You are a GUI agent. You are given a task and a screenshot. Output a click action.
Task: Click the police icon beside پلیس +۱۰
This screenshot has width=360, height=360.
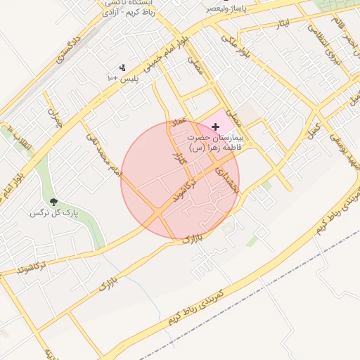[x=122, y=68]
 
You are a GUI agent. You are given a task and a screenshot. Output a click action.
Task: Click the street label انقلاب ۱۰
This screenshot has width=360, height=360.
[x=18, y=138]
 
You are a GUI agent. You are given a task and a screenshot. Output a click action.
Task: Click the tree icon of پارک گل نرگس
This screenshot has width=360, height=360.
[x=53, y=202]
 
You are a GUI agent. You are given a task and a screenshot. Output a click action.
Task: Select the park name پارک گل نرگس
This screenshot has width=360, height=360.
[x=54, y=212]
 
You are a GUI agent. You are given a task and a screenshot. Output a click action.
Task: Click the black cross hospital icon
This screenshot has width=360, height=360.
[x=215, y=126]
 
